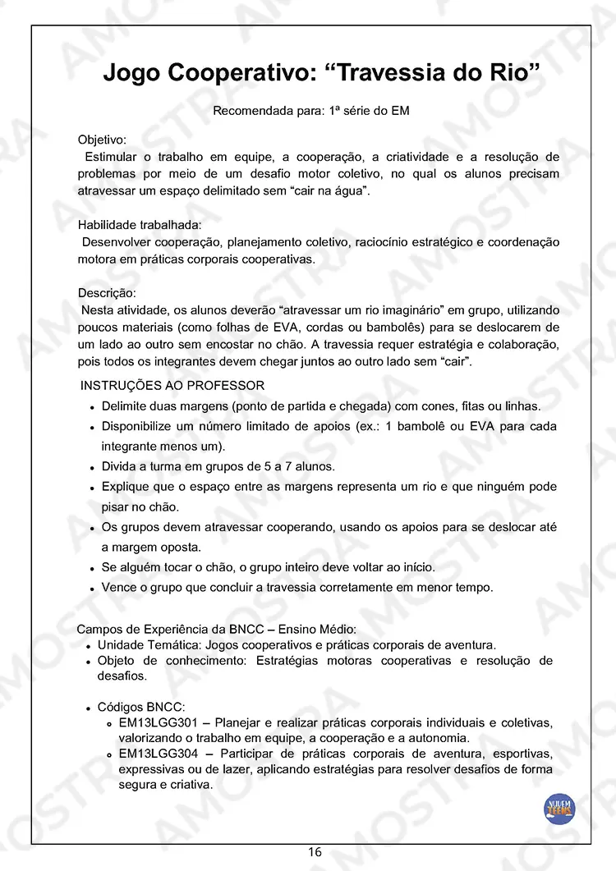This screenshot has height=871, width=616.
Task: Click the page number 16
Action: pos(315,852)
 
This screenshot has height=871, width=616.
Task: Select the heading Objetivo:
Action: pos(102,140)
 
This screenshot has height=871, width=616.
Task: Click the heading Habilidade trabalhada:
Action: pos(139,225)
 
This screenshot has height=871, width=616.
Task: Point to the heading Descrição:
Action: pos(107,293)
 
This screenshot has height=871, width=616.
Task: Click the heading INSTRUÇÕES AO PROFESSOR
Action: pos(172,386)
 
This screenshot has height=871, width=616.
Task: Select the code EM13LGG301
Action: pos(159,723)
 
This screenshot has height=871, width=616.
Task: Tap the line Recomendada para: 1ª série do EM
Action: pos(311,112)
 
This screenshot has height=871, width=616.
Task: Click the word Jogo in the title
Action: pos(131,73)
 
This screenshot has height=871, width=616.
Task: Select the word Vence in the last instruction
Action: pos(119,588)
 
